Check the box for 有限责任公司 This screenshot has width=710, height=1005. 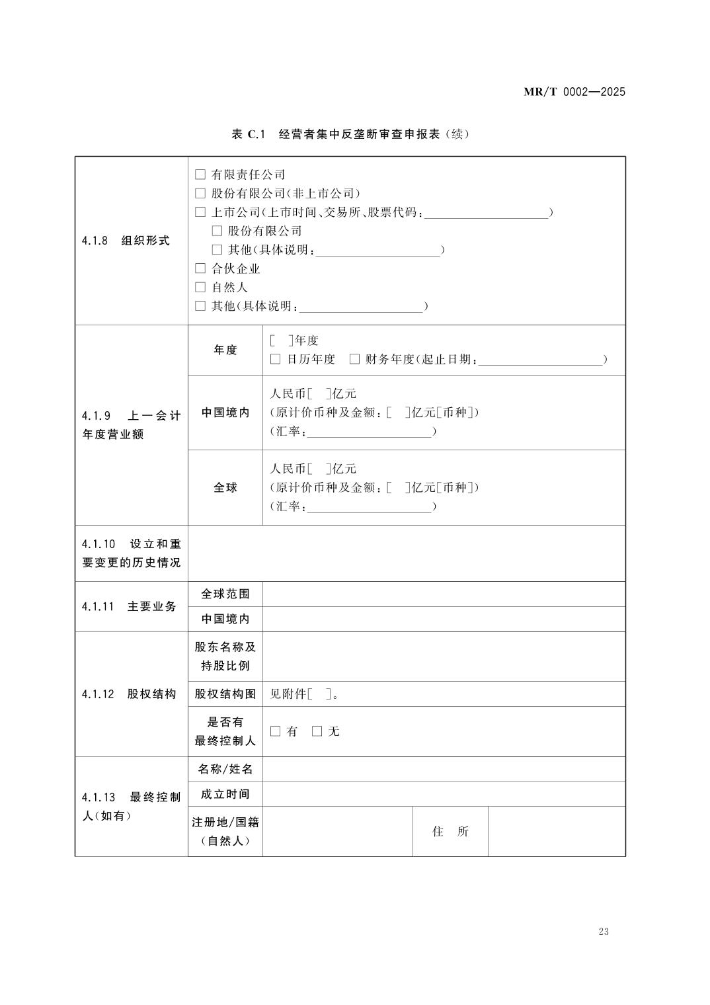pyautogui.click(x=200, y=175)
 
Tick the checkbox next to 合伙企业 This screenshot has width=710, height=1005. pyautogui.click(x=200, y=268)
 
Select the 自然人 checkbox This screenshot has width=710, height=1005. pyautogui.click(x=200, y=288)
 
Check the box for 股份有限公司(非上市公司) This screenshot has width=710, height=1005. pyautogui.click(x=200, y=194)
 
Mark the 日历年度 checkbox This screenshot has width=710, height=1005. pyautogui.click(x=276, y=359)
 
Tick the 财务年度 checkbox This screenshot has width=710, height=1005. pyautogui.click(x=354, y=359)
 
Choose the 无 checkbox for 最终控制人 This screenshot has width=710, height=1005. pyautogui.click(x=317, y=731)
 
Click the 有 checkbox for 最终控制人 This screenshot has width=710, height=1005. pyautogui.click(x=276, y=731)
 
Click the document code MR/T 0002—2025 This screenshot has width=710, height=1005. pyautogui.click(x=574, y=92)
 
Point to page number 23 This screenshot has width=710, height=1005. pyautogui.click(x=603, y=932)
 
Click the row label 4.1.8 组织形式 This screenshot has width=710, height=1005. pyautogui.click(x=126, y=241)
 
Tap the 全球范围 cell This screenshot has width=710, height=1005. pyautogui.click(x=225, y=594)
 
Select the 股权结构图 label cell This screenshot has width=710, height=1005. pyautogui.click(x=225, y=694)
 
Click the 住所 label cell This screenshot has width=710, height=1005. pyautogui.click(x=450, y=831)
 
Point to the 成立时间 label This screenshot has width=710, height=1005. pyautogui.click(x=225, y=794)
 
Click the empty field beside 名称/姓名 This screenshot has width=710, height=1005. pyautogui.click(x=443, y=769)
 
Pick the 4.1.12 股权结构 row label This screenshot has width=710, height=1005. pyautogui.click(x=130, y=694)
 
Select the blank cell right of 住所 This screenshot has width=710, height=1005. pyautogui.click(x=556, y=831)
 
